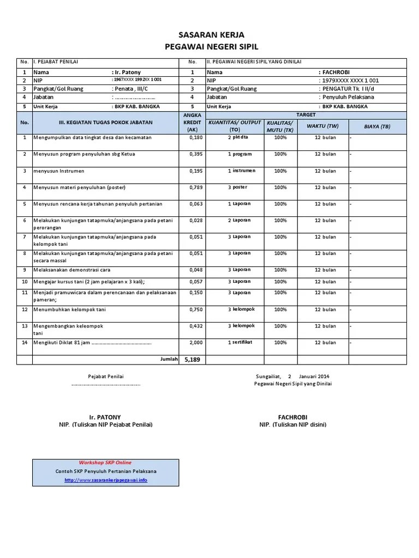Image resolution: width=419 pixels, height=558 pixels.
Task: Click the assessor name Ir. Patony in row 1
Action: click(x=127, y=72)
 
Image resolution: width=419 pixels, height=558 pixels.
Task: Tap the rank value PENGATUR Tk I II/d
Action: click(x=351, y=88)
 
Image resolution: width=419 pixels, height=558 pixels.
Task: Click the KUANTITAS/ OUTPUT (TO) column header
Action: click(x=235, y=126)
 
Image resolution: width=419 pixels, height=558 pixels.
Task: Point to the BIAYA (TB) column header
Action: click(x=378, y=126)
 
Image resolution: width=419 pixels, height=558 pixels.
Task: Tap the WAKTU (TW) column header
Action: click(x=322, y=126)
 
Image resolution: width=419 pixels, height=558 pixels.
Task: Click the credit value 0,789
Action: click(x=195, y=187)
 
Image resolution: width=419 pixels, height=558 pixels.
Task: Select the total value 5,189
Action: click(x=193, y=360)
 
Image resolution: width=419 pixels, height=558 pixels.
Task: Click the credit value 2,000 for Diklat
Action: click(x=195, y=343)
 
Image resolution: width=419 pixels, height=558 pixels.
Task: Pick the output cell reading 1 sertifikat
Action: click(x=241, y=343)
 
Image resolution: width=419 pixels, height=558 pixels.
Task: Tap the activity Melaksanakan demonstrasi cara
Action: click(x=71, y=270)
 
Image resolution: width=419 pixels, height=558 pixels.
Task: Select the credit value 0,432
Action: click(x=195, y=326)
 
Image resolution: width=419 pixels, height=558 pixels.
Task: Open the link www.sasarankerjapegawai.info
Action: click(x=105, y=480)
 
